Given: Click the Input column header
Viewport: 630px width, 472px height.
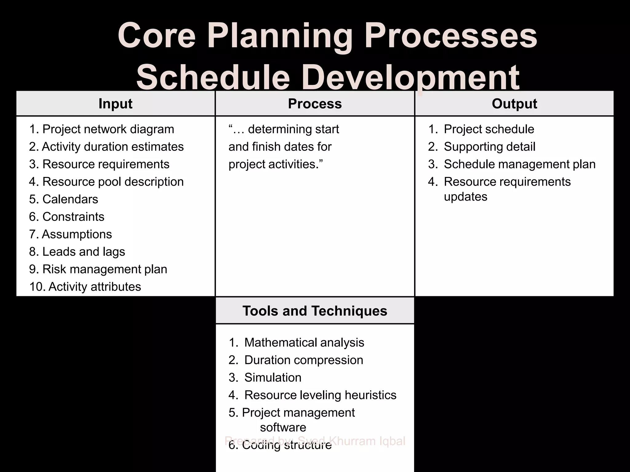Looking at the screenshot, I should [x=115, y=104].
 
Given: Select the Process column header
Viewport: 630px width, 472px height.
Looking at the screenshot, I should [x=315, y=104].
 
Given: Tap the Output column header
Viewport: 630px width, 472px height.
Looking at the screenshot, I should [x=514, y=104].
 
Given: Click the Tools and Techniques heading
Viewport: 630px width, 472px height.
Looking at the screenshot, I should [x=315, y=311].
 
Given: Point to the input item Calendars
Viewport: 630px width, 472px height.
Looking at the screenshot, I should [x=70, y=199].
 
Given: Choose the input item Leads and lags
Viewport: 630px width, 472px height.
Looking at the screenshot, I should [x=83, y=252].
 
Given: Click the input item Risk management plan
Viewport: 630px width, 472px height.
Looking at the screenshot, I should [x=105, y=269].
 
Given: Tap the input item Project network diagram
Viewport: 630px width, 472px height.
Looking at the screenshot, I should [x=108, y=129].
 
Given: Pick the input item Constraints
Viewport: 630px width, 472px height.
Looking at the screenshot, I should [x=73, y=217].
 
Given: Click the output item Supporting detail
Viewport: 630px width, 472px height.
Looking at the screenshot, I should [x=489, y=147].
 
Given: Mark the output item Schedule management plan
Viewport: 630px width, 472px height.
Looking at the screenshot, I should [x=520, y=164].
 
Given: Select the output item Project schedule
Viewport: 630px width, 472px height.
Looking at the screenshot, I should [x=489, y=129].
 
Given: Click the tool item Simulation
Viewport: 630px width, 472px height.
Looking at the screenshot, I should [x=273, y=378].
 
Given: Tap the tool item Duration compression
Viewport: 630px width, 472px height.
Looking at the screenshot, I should [x=304, y=360].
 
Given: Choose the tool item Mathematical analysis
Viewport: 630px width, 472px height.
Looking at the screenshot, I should [x=304, y=343].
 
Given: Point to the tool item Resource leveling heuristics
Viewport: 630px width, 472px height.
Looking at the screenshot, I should [x=320, y=395].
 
